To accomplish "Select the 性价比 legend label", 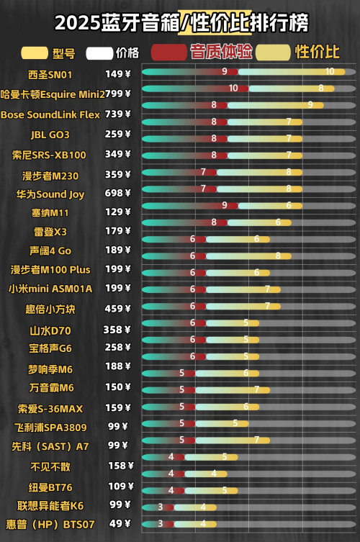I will tap(318, 52).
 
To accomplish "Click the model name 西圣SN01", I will tap(50, 74).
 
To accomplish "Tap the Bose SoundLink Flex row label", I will tap(50, 114).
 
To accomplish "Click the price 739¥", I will tap(118, 114).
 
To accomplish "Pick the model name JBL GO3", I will tap(50, 135).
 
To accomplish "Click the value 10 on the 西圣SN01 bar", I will tap(330, 71).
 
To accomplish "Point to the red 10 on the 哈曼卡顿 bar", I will tap(233, 88).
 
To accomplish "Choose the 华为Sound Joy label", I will tap(50, 194).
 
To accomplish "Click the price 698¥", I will tap(118, 194).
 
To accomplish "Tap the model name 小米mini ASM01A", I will tap(50, 289).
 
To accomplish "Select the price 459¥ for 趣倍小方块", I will tap(118, 308).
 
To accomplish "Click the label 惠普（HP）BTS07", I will tap(50, 525).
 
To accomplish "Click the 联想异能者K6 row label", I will tap(50, 505).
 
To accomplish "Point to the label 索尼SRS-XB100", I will tap(50, 155).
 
